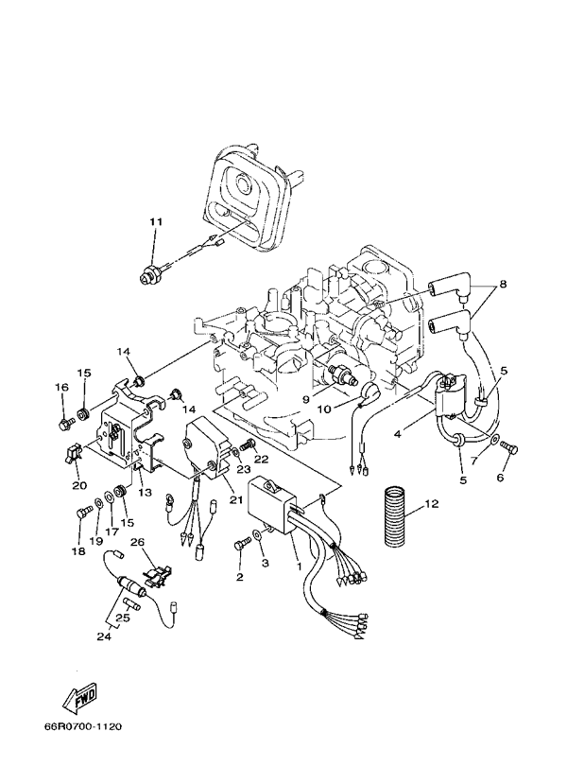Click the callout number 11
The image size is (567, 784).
[x=155, y=222]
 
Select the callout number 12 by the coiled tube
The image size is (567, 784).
[x=432, y=504]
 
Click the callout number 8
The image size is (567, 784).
[x=503, y=283]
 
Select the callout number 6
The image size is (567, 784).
[x=500, y=478]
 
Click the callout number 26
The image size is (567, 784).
[x=137, y=543]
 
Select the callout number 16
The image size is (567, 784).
[x=62, y=387]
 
